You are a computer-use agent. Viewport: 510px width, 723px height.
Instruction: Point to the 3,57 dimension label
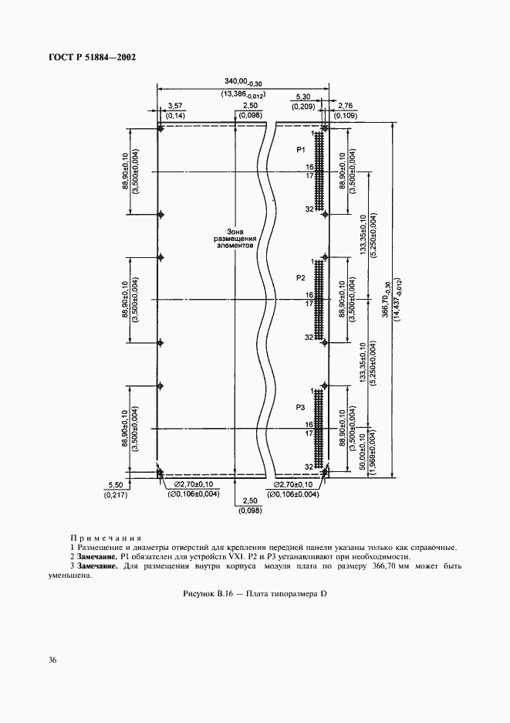point(174,106)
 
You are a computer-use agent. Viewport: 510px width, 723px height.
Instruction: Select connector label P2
point(301,277)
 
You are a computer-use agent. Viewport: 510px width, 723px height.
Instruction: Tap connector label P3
point(301,406)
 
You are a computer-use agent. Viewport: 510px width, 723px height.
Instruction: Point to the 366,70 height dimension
point(386,297)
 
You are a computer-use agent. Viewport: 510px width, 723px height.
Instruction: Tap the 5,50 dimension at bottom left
point(113,484)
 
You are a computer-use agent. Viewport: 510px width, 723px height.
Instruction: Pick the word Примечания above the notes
point(105,537)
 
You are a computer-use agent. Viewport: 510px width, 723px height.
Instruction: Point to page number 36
point(52,659)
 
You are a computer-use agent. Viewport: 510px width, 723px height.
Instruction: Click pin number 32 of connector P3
point(308,467)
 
